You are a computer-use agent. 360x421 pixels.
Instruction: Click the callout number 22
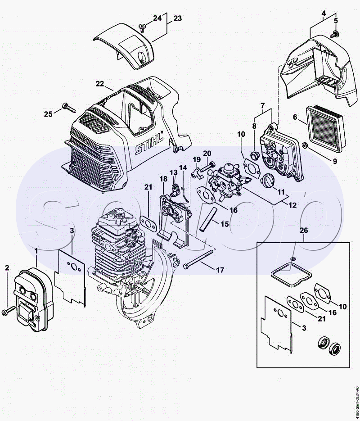(100, 83)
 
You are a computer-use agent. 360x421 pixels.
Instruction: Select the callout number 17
(220, 270)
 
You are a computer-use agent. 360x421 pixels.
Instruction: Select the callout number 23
(177, 18)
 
